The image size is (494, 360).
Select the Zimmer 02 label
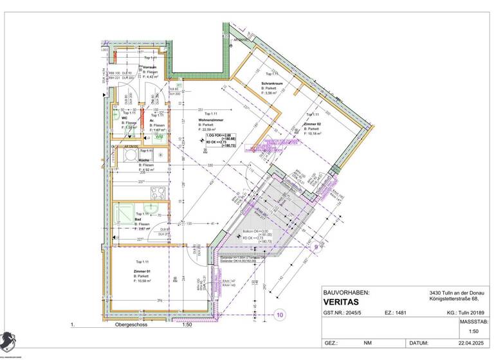pos(313,123)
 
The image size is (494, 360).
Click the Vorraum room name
pos(150,67)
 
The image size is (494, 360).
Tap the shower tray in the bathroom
pos(120,213)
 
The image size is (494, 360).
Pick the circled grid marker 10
pos(280,314)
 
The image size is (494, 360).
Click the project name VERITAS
pos(341,302)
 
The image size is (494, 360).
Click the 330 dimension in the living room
pos(209,166)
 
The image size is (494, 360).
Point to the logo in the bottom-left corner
pos(8,340)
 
